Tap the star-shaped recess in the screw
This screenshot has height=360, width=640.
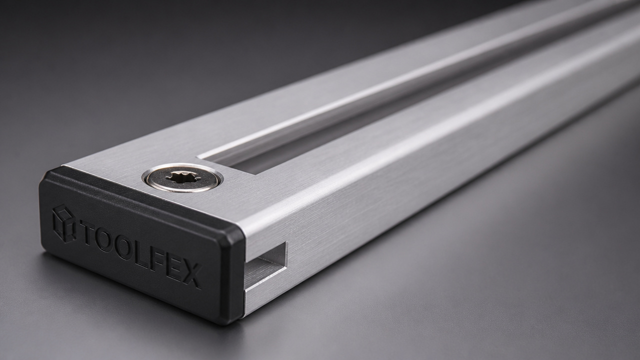point(181,177)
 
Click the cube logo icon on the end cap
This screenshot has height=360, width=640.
point(64,223)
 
